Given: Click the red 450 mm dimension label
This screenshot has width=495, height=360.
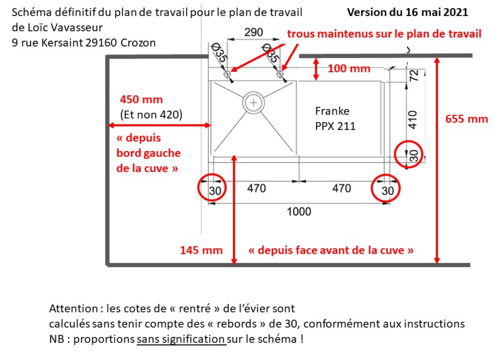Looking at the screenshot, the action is pyautogui.click(x=141, y=99).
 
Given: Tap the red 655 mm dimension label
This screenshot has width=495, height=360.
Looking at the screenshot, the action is pyautogui.click(x=467, y=119).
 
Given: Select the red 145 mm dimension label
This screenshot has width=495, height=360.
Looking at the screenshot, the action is pyautogui.click(x=202, y=250).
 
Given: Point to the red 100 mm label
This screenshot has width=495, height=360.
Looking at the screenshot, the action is pyautogui.click(x=349, y=68).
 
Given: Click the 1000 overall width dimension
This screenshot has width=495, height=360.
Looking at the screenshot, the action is pyautogui.click(x=299, y=211).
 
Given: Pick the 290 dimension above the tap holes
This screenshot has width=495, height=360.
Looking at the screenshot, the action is pyautogui.click(x=253, y=32).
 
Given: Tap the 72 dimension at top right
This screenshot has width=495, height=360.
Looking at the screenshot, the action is pyautogui.click(x=413, y=75).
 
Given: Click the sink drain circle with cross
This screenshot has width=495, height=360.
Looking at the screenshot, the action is pyautogui.click(x=253, y=102).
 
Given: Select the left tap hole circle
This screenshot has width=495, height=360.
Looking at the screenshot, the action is pyautogui.click(x=227, y=74).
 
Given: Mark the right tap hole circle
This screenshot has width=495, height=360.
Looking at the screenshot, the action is pyautogui.click(x=280, y=74).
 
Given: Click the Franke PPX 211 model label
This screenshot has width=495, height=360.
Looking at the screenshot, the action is pyautogui.click(x=335, y=119).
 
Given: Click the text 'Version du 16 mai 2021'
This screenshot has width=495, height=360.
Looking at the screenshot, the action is pyautogui.click(x=407, y=12).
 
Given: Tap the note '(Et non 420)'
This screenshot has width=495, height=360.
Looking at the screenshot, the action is pyautogui.click(x=151, y=114).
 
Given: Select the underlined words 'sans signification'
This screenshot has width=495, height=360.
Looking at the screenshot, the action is pyautogui.click(x=181, y=339).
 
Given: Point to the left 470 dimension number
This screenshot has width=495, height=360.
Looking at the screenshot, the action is pyautogui.click(x=256, y=188).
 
